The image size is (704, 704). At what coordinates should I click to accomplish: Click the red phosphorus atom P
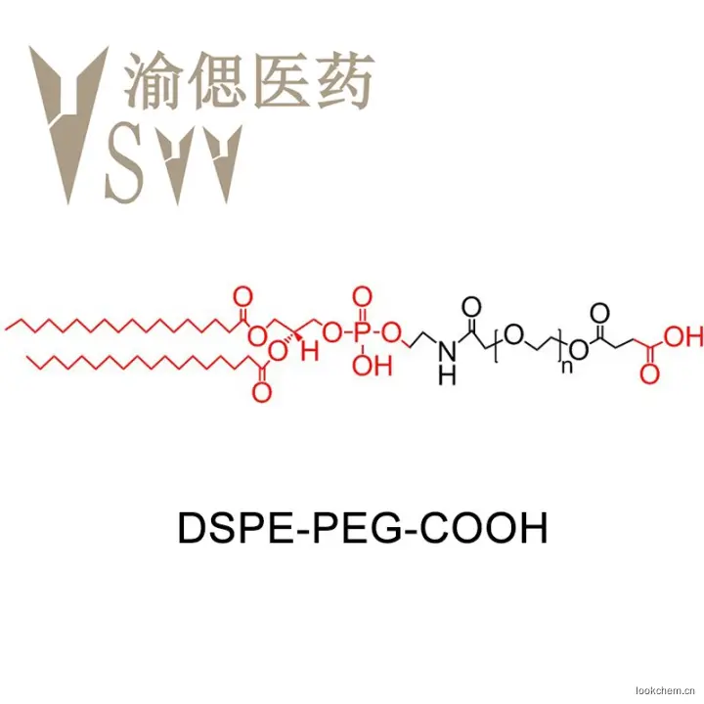point(362,333)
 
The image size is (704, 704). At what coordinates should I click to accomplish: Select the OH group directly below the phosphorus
point(373,366)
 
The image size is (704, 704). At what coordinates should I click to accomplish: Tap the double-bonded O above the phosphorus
point(362,298)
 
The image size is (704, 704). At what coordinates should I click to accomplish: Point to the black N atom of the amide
point(447,351)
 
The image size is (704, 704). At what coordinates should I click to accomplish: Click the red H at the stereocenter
point(309,350)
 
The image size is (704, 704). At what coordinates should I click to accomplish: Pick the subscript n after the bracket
point(567,367)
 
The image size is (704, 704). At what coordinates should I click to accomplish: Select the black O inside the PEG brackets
point(514,333)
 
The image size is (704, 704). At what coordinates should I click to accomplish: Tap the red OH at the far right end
point(683,336)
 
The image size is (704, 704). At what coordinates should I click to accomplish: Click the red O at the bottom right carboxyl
point(649,374)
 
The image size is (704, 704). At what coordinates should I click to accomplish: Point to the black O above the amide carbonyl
point(471,307)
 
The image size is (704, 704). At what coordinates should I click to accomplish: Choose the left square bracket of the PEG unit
point(497,345)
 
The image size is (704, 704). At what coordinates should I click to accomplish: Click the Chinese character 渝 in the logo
point(153,80)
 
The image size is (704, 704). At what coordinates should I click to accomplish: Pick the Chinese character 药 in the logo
point(345,80)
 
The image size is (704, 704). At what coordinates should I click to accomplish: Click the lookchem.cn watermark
point(666,690)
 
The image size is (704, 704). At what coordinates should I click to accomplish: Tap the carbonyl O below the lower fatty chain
point(262,392)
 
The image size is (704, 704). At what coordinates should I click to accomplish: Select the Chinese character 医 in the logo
point(281,80)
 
